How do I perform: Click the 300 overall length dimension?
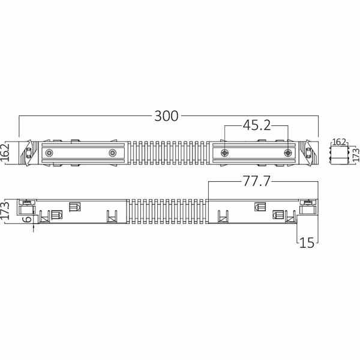[x=166, y=116]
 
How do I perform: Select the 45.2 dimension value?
[x=257, y=125]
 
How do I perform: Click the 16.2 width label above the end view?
[x=339, y=142]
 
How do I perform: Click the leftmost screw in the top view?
[x=49, y=154]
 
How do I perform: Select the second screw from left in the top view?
[x=112, y=154]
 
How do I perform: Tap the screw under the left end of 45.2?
[x=225, y=154]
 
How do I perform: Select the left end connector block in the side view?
[x=27, y=208]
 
